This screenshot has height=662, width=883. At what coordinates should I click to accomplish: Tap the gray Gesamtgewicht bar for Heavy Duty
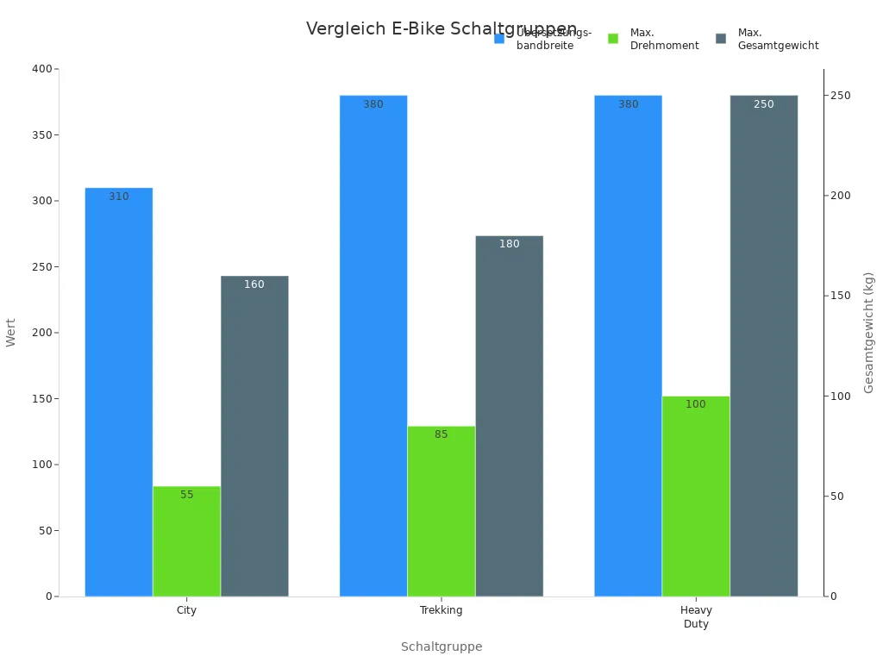tap(764, 346)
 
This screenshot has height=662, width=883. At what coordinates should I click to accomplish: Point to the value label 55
tap(187, 495)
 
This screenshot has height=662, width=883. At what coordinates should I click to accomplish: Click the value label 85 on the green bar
tap(441, 434)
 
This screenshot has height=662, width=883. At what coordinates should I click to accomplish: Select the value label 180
tap(510, 244)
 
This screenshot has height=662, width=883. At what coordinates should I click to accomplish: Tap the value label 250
tap(764, 104)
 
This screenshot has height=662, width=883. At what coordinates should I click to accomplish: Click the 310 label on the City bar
tap(119, 197)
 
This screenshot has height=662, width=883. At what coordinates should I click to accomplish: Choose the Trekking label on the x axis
tap(441, 610)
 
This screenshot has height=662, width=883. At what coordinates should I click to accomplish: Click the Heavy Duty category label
tap(696, 617)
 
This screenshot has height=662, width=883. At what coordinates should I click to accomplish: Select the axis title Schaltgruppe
tap(441, 646)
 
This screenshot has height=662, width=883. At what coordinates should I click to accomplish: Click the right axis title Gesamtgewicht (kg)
tap(869, 333)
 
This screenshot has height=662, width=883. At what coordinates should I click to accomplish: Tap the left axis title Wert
tap(11, 333)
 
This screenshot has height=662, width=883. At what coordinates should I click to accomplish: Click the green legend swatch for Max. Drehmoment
tap(614, 39)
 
